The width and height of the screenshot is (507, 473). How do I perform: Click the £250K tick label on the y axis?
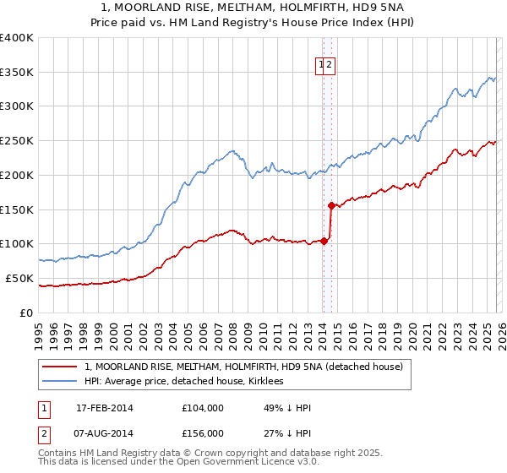click(x=17, y=141)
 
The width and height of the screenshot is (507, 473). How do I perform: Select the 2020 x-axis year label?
click(x=411, y=328)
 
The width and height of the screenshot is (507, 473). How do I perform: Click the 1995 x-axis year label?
click(x=39, y=328)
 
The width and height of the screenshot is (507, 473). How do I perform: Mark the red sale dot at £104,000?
click(x=324, y=241)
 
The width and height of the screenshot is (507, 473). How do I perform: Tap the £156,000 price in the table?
click(x=203, y=433)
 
